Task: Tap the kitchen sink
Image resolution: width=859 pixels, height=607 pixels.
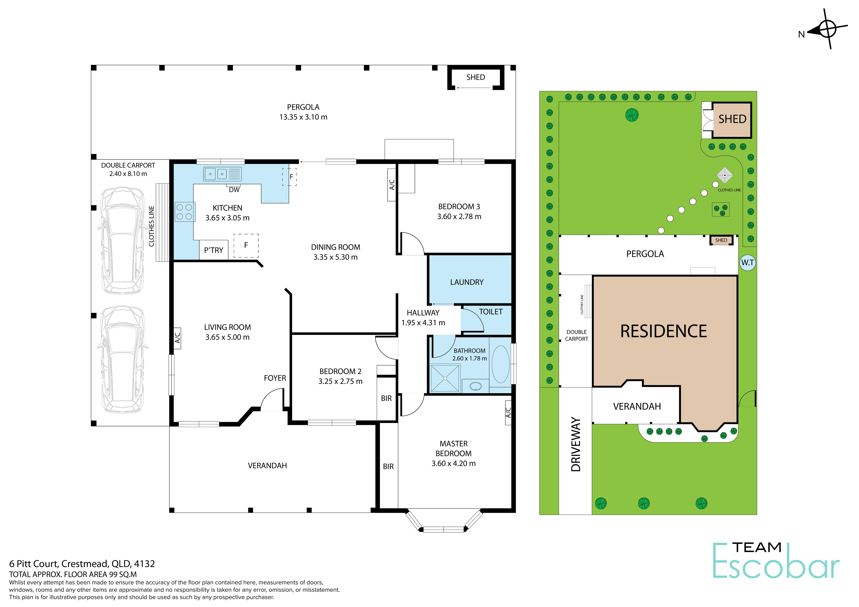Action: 223,174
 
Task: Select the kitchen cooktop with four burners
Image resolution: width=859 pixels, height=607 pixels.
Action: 185,212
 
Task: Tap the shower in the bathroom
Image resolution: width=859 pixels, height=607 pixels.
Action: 445,378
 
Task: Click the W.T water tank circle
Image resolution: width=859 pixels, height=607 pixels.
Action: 748,262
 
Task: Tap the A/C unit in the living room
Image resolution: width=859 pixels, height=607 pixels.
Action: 178,338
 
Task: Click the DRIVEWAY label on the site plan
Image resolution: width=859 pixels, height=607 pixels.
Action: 576,444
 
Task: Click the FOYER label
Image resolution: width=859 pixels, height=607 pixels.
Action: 275,378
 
